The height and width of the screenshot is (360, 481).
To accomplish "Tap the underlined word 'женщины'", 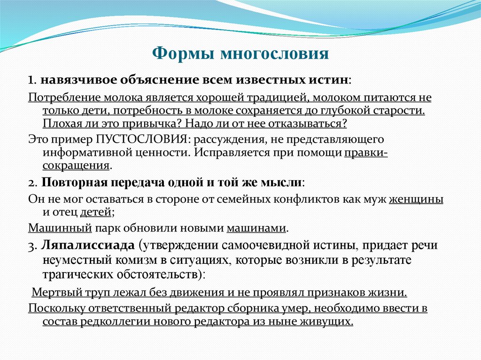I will pos(416,199).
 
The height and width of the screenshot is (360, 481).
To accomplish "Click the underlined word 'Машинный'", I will pos(59,229).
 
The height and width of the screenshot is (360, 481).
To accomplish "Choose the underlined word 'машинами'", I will pos(256,229).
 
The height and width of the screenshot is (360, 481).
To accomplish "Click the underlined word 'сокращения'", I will pos(76,166).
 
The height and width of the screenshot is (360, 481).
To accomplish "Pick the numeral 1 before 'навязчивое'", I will pos(31,80).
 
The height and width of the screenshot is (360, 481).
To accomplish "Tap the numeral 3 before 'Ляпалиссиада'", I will pos(31,245).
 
